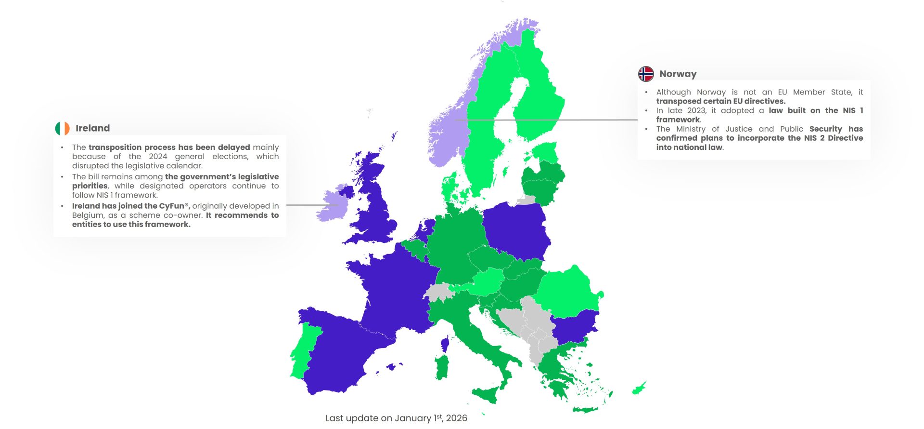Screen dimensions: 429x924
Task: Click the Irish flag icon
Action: (62, 128)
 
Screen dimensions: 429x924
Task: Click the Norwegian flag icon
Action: (646, 74)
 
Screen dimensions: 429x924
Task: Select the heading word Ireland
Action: (92, 128)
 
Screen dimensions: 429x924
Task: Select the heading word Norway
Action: (678, 74)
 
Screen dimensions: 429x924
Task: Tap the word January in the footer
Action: (412, 418)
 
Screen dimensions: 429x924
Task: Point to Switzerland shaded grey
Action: (438, 292)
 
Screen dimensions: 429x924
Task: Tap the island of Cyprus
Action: (639, 388)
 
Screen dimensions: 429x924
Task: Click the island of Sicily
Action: (486, 394)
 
